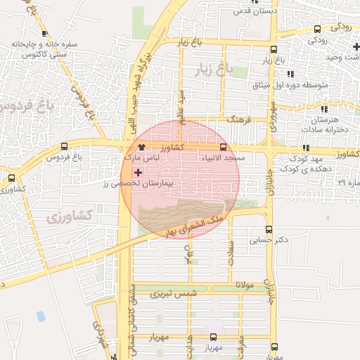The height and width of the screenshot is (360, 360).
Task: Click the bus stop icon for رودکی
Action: tap(318, 29)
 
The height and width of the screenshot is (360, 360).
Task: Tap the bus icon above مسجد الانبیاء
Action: tap(223, 147)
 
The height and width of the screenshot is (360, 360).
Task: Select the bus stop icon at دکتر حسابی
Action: tap(269, 229)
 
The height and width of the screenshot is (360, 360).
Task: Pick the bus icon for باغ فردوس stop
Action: tap(65, 147)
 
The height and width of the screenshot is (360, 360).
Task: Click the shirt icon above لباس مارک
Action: tap(142, 148)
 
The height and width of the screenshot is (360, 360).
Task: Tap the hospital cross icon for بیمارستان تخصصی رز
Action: tap(137, 172)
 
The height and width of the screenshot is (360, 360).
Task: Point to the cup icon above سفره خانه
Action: tap(45, 32)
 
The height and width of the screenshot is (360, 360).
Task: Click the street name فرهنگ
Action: tap(239, 120)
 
